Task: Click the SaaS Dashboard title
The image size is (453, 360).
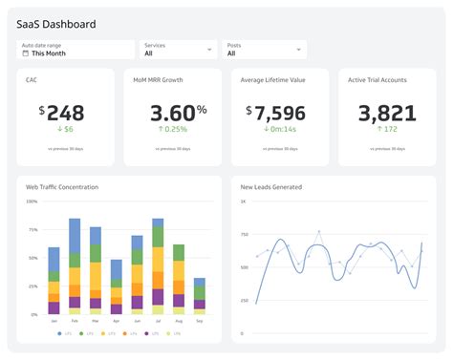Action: (x=56, y=24)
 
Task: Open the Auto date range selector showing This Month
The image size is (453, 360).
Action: (x=75, y=50)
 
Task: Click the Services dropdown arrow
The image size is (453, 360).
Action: (x=209, y=50)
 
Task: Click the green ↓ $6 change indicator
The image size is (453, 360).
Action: (x=65, y=129)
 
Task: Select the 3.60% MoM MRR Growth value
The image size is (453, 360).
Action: (x=173, y=112)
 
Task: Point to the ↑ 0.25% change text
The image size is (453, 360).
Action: (x=173, y=129)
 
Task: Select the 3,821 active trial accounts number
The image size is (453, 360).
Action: (x=387, y=112)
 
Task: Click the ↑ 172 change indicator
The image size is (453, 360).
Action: (x=387, y=129)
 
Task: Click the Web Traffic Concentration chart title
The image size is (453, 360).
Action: (x=62, y=187)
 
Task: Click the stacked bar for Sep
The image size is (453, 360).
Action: (x=199, y=296)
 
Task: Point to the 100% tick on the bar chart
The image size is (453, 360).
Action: (x=32, y=201)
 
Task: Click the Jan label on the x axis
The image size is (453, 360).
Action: (x=54, y=321)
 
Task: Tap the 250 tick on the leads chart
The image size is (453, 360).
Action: (x=244, y=301)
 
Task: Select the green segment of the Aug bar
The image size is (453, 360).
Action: (x=179, y=254)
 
